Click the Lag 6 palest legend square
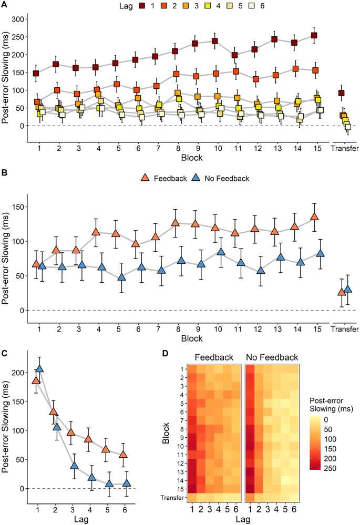[238, 6]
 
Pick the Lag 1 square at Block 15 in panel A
[314, 36]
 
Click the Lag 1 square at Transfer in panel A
[341, 93]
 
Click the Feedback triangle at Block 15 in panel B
[314, 217]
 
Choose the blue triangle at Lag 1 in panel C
[39, 369]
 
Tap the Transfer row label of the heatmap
[173, 497]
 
